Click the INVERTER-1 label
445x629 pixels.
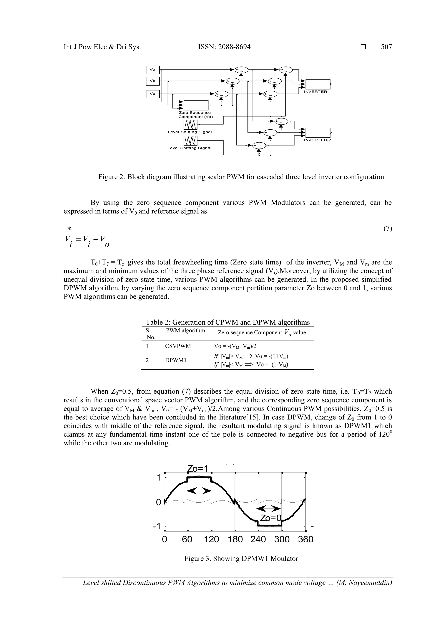tap(317, 92)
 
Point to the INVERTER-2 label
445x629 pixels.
tap(317, 140)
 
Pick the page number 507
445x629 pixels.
tap(386, 47)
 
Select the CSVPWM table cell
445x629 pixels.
tap(178, 346)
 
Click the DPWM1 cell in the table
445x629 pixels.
tap(176, 360)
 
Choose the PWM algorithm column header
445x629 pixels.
tap(185, 330)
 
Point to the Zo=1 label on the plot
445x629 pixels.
tap(198, 469)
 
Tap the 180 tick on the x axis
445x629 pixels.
tap(235, 539)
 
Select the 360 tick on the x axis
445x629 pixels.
tap(306, 539)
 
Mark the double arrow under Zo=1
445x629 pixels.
tap(199, 492)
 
